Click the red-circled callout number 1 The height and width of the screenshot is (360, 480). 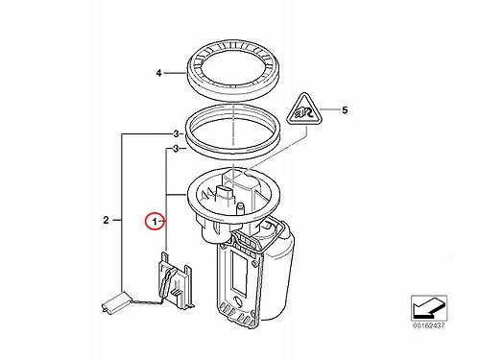click(155, 221)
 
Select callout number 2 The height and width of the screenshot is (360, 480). click(106, 220)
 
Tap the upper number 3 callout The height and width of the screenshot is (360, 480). click(176, 134)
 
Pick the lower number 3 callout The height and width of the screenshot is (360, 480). click(176, 149)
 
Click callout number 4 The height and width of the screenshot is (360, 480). click(159, 73)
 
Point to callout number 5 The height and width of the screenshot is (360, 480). click(345, 110)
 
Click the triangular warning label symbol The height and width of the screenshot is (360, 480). click(304, 109)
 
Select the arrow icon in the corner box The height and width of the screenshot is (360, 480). click(429, 308)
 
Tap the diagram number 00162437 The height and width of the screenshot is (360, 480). click(429, 325)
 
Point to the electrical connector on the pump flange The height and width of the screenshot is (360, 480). click(226, 194)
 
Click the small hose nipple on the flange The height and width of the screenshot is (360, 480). click(241, 209)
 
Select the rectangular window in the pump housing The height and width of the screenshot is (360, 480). click(239, 275)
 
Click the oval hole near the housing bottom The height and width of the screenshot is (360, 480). click(238, 301)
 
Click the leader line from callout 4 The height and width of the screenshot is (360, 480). click(176, 73)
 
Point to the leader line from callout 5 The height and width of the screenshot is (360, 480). click(330, 109)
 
